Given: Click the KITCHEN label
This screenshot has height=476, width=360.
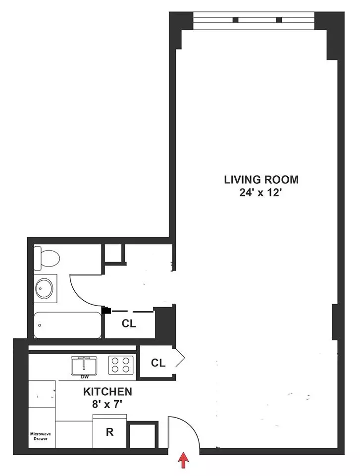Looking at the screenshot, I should pyautogui.click(x=107, y=392).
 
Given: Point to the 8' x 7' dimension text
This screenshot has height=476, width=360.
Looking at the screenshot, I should pyautogui.click(x=107, y=404).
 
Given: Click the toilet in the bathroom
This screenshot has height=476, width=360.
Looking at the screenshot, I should pyautogui.click(x=47, y=257).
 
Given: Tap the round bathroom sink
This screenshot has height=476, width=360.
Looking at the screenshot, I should pyautogui.click(x=46, y=288).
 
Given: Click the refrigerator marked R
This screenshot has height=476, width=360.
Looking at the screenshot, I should pyautogui.click(x=110, y=432).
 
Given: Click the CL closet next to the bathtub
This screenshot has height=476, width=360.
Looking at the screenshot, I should pyautogui.click(x=129, y=324).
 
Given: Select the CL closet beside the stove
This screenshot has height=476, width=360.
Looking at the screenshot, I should pyautogui.click(x=157, y=363).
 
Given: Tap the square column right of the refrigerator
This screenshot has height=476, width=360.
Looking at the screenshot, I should pyautogui.click(x=143, y=435).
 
